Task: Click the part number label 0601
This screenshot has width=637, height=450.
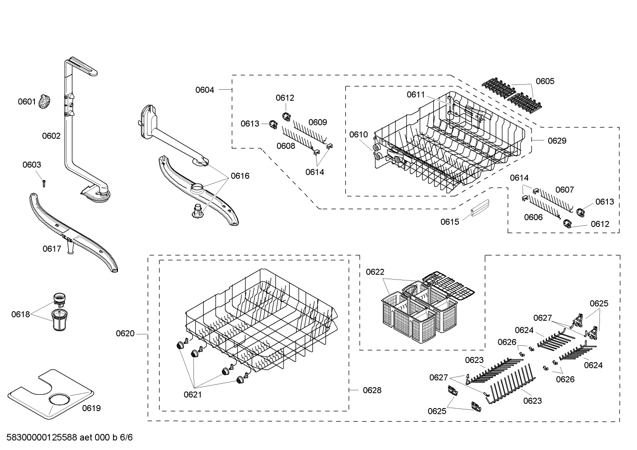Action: tap(27, 102)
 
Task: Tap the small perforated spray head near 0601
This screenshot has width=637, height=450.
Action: tap(45, 102)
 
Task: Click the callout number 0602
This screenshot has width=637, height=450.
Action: tap(51, 136)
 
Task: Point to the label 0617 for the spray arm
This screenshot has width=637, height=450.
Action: tap(52, 249)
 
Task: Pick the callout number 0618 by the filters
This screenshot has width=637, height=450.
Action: tap(20, 314)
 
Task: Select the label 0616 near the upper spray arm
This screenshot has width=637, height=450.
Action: tap(240, 176)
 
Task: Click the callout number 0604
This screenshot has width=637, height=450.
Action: tap(205, 90)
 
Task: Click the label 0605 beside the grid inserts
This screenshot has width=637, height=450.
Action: tap(545, 81)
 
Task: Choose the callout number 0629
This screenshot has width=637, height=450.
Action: tap(557, 141)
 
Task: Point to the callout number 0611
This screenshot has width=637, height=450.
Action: tap(416, 95)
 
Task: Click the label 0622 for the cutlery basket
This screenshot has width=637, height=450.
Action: tap(375, 272)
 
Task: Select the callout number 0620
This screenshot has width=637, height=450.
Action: tap(125, 334)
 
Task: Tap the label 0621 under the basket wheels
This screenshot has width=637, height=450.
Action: tap(193, 395)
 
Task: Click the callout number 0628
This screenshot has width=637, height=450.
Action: tap(372, 390)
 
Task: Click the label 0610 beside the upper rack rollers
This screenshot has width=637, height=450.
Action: tap(358, 135)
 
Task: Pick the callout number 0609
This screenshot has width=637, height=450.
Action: tap(318, 122)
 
